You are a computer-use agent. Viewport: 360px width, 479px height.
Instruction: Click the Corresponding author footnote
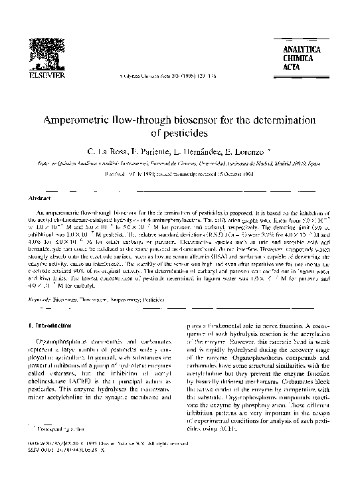pos(56,449)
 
